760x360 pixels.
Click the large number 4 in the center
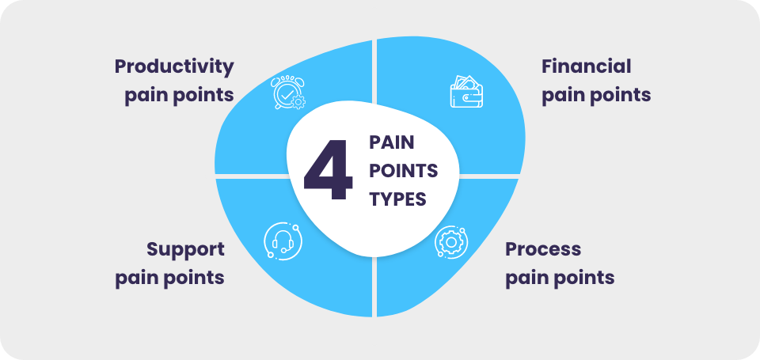coord(329,170)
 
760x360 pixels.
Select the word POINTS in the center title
coord(404,171)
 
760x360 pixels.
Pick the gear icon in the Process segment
coord(450,242)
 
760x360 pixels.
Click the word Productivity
coord(174,66)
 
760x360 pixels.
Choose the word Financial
coord(587,66)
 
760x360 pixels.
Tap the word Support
coord(185,249)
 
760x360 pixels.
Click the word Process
coord(543,249)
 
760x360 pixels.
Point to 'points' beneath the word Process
coord(584,279)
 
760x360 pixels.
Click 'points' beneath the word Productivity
coord(203,95)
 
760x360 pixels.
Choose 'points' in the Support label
coord(195,279)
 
